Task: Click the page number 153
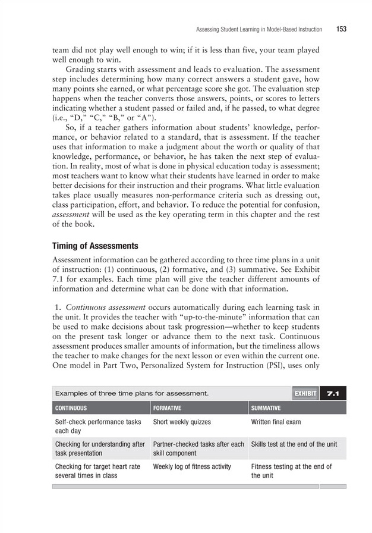[x=341, y=28]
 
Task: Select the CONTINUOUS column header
[x=71, y=409]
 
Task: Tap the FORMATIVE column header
[x=167, y=409]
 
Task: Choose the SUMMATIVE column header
[x=266, y=409]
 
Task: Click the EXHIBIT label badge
[x=305, y=393]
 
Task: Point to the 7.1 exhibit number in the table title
[x=333, y=393]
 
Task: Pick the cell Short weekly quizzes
[x=181, y=422]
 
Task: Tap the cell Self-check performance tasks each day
[x=97, y=427]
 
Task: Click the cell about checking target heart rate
[x=97, y=471]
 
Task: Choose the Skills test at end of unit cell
[x=294, y=444]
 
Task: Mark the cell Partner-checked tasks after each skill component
[x=198, y=449]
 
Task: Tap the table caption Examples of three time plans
[x=131, y=393]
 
